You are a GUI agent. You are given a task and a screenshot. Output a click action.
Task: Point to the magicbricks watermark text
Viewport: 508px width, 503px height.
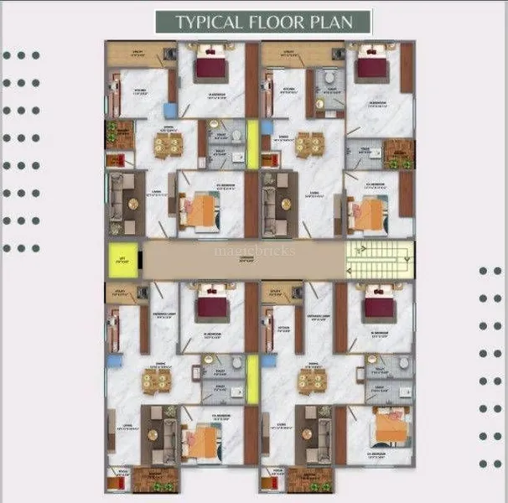tap(254, 250)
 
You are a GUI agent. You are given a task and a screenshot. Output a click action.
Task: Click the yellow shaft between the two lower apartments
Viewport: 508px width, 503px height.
tap(252, 374)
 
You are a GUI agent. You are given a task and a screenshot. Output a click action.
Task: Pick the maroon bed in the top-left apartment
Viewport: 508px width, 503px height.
tap(211, 67)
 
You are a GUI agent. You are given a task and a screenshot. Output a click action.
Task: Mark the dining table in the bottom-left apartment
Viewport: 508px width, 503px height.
tap(153, 382)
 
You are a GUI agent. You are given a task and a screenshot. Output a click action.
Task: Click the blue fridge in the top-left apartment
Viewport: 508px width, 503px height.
tap(170, 110)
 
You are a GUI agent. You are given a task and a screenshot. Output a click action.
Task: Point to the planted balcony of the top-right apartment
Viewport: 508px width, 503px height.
tap(400, 153)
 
